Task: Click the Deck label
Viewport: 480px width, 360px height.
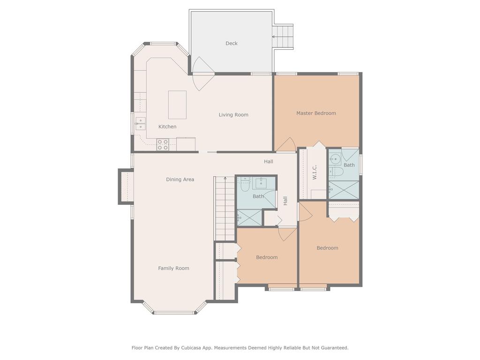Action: [232, 44]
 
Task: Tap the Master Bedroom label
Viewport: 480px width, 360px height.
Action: [316, 113]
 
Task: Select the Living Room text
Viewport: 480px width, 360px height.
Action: [233, 115]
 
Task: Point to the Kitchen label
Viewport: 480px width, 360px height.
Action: [167, 127]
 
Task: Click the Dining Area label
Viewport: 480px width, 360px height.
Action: [180, 180]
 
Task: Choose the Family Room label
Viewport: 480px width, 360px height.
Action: [173, 268]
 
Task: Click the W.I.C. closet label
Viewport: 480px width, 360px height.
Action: [315, 172]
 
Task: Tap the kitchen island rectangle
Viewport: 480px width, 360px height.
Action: [177, 105]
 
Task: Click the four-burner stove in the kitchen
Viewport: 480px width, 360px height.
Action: [163, 144]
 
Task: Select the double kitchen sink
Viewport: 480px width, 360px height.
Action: [140, 123]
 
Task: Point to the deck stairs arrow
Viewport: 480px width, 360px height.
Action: [277, 36]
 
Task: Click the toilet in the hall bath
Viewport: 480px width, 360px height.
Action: [244, 187]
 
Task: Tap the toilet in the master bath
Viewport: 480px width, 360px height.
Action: [336, 172]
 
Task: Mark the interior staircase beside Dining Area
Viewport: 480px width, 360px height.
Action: [224, 208]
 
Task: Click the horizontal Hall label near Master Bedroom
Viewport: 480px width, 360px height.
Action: [269, 162]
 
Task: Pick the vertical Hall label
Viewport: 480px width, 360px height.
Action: [285, 200]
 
